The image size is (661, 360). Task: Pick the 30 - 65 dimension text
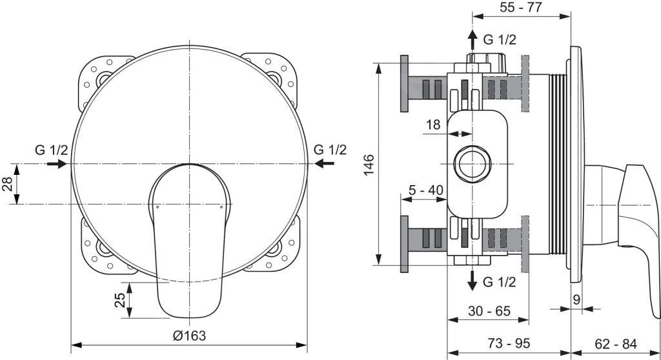[x=489, y=310]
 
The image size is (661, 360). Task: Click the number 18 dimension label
[x=433, y=124]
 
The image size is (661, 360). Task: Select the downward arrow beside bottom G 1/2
[x=473, y=279]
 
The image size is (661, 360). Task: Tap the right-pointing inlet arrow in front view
[x=56, y=164]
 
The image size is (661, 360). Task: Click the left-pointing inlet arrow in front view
[x=325, y=164]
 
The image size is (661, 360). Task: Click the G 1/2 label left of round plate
[x=51, y=150]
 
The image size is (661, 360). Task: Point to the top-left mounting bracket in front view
[x=97, y=81]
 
